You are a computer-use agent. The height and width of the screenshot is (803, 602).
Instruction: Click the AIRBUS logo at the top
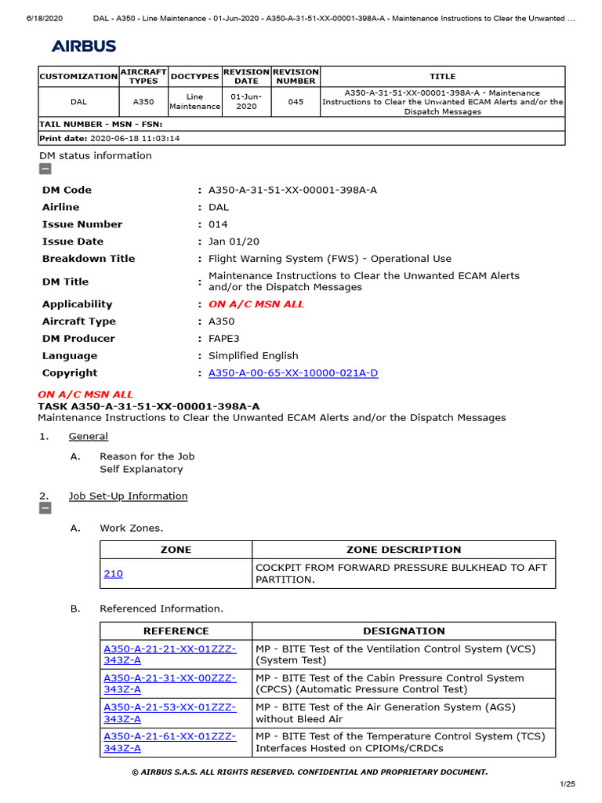click(84, 46)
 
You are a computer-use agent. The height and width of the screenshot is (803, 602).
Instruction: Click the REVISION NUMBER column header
click(296, 76)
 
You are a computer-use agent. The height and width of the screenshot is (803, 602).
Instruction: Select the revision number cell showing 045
click(296, 102)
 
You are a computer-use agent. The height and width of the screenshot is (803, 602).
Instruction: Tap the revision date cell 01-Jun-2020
click(246, 102)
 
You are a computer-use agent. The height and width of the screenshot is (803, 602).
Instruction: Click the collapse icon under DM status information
click(45, 169)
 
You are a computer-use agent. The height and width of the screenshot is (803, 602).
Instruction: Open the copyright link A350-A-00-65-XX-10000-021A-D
click(293, 373)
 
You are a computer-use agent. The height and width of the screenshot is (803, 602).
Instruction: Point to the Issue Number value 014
click(218, 224)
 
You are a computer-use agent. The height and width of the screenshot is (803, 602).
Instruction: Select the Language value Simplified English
click(253, 356)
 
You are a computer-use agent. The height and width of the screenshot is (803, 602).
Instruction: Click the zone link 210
click(113, 574)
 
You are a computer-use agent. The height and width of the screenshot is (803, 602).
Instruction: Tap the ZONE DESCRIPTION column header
click(404, 550)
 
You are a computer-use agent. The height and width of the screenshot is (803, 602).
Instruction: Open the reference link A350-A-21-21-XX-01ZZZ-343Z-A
click(169, 655)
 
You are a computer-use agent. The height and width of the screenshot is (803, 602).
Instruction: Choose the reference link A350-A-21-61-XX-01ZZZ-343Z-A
click(169, 742)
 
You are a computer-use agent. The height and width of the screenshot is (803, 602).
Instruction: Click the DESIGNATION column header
click(404, 631)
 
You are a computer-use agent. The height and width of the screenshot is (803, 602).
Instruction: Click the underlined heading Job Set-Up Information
click(128, 496)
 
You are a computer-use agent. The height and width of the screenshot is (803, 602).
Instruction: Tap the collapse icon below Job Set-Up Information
click(45, 509)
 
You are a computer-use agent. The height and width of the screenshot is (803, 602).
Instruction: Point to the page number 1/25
click(567, 784)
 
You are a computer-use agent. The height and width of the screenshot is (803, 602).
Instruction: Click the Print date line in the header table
click(110, 138)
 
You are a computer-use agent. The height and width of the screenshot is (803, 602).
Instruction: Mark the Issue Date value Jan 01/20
click(234, 242)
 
